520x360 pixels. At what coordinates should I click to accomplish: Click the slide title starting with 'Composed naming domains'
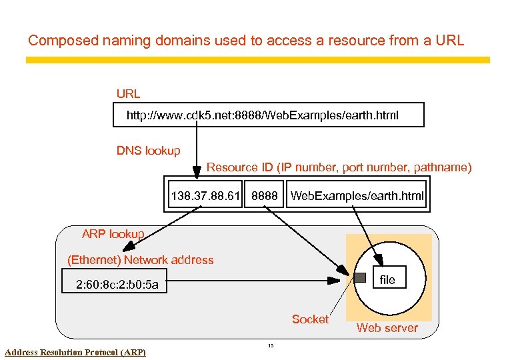pyautogui.click(x=245, y=41)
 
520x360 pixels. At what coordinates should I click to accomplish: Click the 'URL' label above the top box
pyautogui.click(x=128, y=94)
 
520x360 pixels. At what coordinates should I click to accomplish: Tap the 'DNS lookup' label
pyautogui.click(x=148, y=151)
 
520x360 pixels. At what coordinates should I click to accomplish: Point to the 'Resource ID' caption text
pyautogui.click(x=339, y=167)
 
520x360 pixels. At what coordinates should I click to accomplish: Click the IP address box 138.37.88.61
pyautogui.click(x=205, y=196)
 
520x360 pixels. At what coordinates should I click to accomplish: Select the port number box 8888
pyautogui.click(x=264, y=196)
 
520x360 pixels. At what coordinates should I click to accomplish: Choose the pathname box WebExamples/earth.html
pyautogui.click(x=357, y=196)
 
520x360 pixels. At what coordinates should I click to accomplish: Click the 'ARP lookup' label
pyautogui.click(x=113, y=234)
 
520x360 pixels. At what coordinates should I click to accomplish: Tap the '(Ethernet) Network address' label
pyautogui.click(x=141, y=260)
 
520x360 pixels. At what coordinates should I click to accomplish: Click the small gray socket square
pyautogui.click(x=359, y=277)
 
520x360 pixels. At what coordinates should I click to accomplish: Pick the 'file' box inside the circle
pyautogui.click(x=387, y=280)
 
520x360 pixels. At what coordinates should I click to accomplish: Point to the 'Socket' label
pyautogui.click(x=310, y=319)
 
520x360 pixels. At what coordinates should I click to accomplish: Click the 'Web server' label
pyautogui.click(x=387, y=327)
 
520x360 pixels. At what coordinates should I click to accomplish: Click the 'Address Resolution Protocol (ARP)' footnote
pyautogui.click(x=75, y=352)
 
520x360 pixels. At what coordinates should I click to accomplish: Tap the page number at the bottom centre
pyautogui.click(x=270, y=345)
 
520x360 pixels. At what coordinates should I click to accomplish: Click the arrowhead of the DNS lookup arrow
pyautogui.click(x=197, y=173)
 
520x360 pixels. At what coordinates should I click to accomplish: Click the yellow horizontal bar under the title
pyautogui.click(x=257, y=60)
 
